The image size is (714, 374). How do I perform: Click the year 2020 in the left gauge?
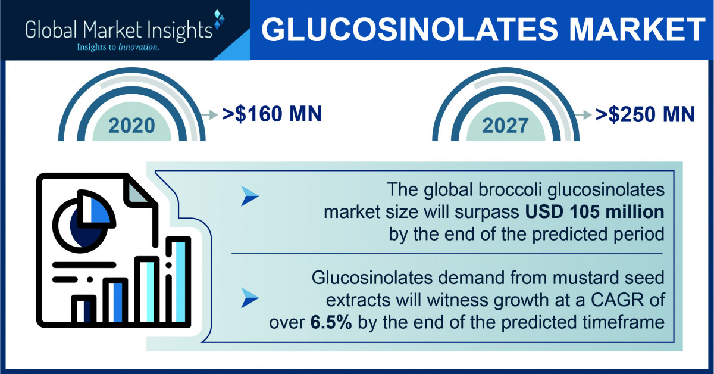[131, 126]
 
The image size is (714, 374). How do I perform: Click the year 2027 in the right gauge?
[505, 126]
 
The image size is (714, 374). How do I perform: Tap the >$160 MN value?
[272, 114]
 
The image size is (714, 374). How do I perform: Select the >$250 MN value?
[645, 114]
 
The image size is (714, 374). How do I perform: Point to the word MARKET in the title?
[637, 29]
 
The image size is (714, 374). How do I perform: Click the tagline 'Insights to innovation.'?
[118, 47]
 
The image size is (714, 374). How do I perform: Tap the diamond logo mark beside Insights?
[219, 19]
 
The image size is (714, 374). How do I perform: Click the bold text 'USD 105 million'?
[594, 212]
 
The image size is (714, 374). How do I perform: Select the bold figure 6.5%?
[331, 322]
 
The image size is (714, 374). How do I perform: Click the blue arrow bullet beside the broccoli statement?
[249, 195]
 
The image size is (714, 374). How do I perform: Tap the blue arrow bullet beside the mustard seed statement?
[249, 297]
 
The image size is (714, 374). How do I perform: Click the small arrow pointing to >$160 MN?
[209, 114]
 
